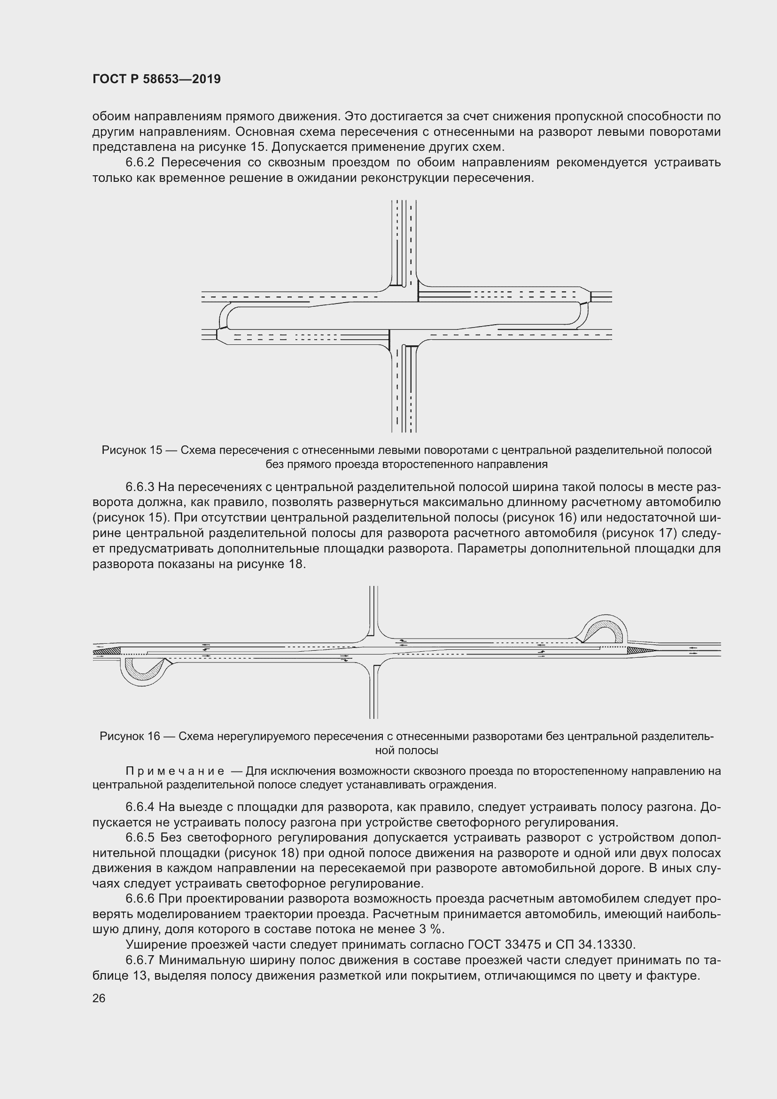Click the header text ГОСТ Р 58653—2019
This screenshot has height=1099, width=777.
[x=156, y=79]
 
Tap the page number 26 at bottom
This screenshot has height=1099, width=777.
[x=99, y=998]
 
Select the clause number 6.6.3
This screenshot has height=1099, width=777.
[x=140, y=487]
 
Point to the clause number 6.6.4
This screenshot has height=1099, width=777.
[x=140, y=807]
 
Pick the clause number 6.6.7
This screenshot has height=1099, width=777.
[x=140, y=960]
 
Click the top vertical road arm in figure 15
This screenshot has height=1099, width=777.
[x=404, y=239]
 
